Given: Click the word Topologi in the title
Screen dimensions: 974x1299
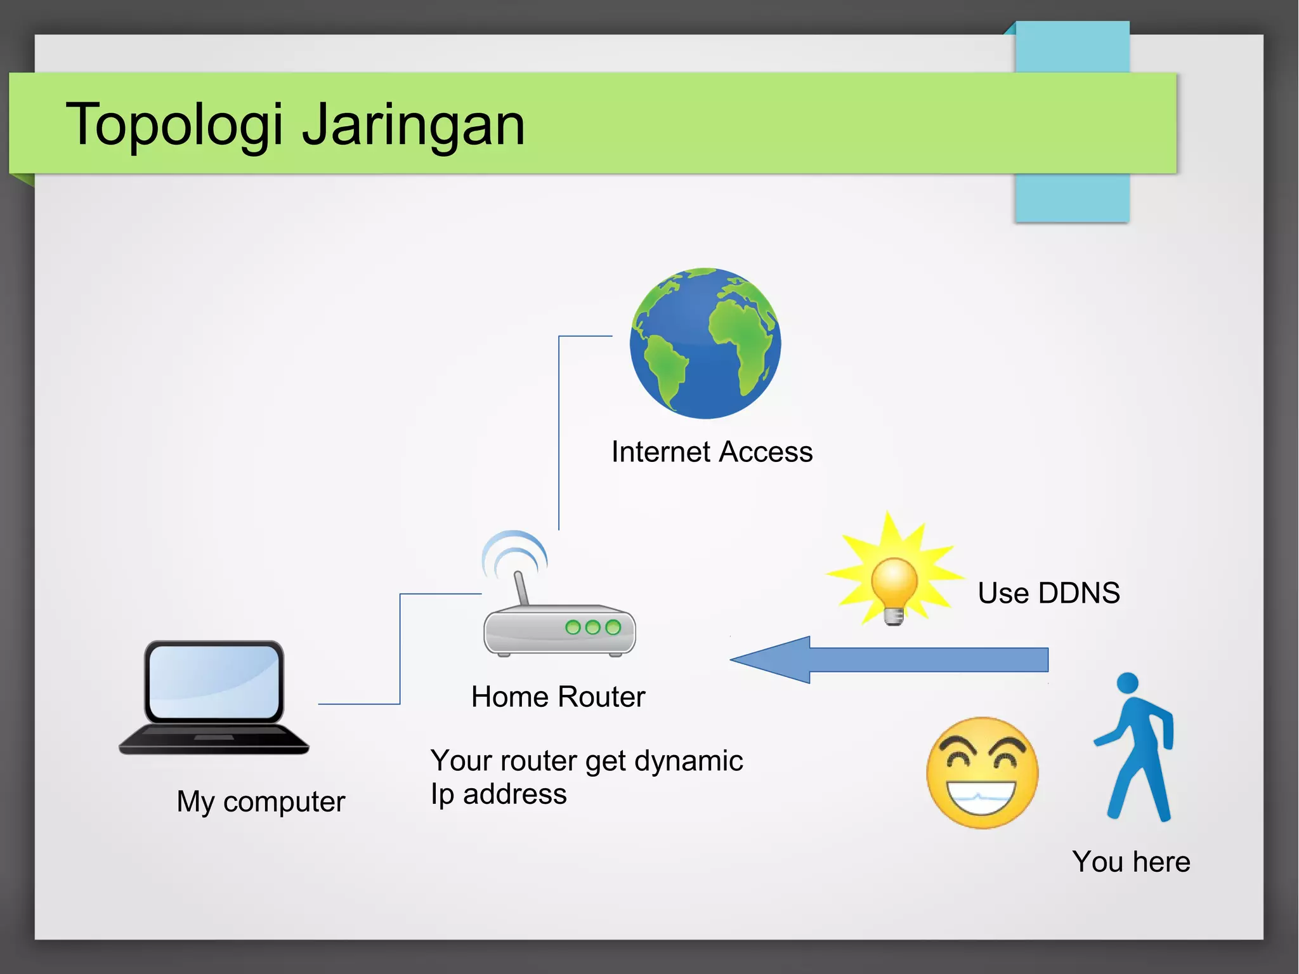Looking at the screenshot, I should click(174, 124).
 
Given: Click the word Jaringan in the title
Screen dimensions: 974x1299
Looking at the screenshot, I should click(413, 124).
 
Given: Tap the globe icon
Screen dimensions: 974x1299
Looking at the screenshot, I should click(705, 343).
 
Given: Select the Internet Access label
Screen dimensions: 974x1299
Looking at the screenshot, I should click(712, 452).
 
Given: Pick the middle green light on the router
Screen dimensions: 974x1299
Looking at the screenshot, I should click(593, 628).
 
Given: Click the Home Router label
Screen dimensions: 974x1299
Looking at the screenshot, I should click(558, 697).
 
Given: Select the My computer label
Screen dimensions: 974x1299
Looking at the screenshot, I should click(261, 801).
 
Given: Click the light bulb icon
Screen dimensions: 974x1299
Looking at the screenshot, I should click(894, 588).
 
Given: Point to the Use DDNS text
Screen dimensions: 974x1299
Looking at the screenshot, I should click(1048, 593).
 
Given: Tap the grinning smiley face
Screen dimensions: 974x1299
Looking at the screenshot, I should click(982, 773).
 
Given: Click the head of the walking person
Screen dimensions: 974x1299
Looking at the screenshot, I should click(1127, 683).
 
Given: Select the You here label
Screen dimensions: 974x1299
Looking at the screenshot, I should click(1131, 862).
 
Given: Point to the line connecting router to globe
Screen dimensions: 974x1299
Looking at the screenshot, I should click(559, 431).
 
